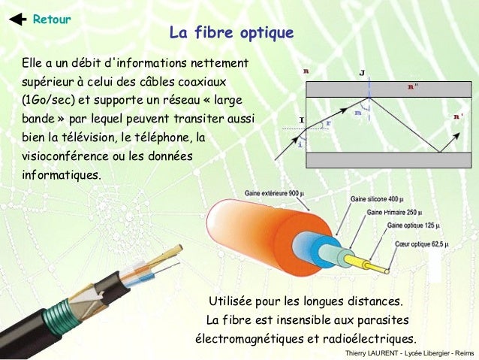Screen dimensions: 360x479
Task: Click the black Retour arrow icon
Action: point(14,19)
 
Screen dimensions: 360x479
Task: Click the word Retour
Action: point(52,19)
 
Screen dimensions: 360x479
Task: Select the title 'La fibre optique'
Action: point(231,33)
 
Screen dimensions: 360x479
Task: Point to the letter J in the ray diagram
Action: point(363,73)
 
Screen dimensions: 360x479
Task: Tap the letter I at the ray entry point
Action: point(301,119)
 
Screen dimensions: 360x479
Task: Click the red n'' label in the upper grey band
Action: point(414,87)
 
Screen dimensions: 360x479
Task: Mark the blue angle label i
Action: point(301,144)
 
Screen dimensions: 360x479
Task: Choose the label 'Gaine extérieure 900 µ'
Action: point(273,193)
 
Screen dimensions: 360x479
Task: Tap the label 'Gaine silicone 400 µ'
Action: point(380,199)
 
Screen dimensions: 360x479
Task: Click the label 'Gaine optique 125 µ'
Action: point(414,225)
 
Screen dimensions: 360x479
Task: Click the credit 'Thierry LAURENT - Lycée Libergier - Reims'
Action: point(409,353)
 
